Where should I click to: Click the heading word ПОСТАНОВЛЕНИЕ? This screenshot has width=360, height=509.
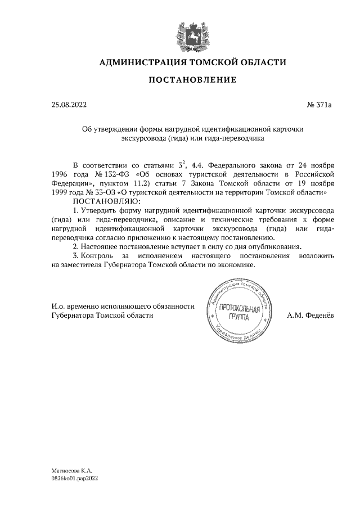coord(192,80)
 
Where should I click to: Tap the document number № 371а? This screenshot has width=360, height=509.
coord(320,104)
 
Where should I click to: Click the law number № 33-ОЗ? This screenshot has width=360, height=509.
coord(100,192)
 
